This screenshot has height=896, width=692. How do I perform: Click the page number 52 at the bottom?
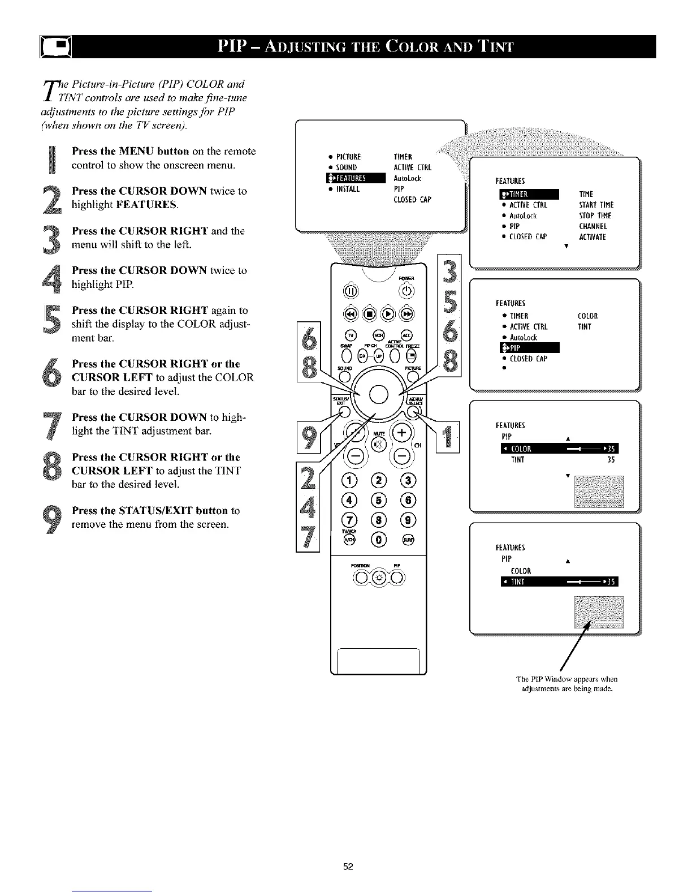tap(348, 867)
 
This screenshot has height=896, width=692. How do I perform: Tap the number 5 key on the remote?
tap(378, 499)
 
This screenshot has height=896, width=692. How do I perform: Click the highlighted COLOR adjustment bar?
tap(560, 449)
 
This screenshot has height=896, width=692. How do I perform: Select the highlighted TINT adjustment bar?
tap(560, 583)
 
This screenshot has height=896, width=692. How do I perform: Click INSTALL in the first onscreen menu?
tap(348, 189)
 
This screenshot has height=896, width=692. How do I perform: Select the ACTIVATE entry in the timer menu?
tap(592, 237)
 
